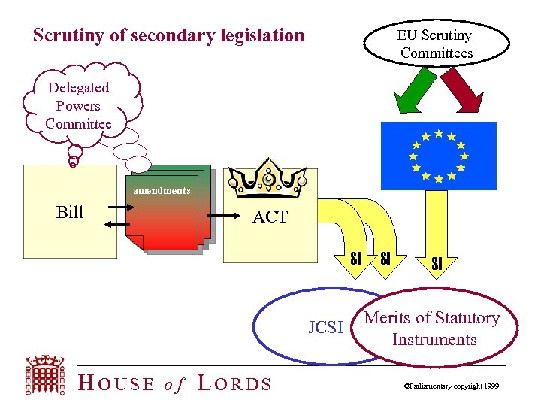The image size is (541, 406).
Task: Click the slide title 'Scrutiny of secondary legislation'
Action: pos(169,35)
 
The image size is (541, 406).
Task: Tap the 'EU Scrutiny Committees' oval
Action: pos(436,44)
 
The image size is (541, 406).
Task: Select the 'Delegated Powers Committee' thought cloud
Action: pos(78,106)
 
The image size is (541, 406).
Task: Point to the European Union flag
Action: pos(438,156)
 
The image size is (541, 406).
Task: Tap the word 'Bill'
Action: pos(70,213)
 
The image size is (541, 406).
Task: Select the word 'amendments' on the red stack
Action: pos(162,191)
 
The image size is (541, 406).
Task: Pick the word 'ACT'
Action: pos(270,217)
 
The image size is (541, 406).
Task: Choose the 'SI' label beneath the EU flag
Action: pos(437,264)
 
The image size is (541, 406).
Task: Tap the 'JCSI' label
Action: pos(325,327)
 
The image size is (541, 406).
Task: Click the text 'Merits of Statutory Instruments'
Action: pos(433,329)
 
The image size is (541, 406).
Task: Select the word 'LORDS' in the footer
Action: pos(234,383)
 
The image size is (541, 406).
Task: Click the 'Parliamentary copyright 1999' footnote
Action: pos(451,386)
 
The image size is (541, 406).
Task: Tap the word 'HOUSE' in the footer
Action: pos(116,383)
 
